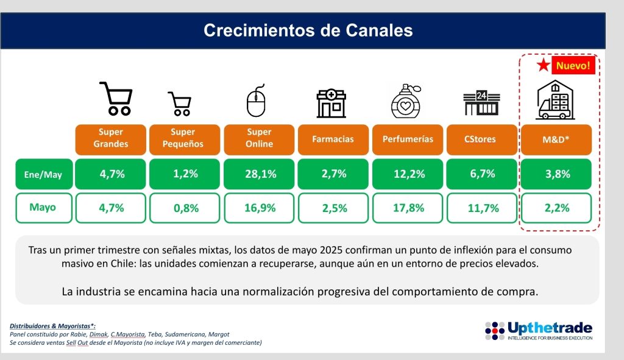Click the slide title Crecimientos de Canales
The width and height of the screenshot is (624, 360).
click(x=308, y=30)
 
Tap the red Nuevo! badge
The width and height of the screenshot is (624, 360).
click(x=573, y=65)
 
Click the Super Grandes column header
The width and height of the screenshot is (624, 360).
click(x=110, y=139)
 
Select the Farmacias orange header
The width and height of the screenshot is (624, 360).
click(x=333, y=139)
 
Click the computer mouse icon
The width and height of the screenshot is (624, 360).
click(x=255, y=102)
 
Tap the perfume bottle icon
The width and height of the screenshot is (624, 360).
click(x=406, y=101)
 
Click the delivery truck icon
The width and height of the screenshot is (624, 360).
click(x=555, y=101)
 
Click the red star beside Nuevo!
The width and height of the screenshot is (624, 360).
click(x=543, y=65)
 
